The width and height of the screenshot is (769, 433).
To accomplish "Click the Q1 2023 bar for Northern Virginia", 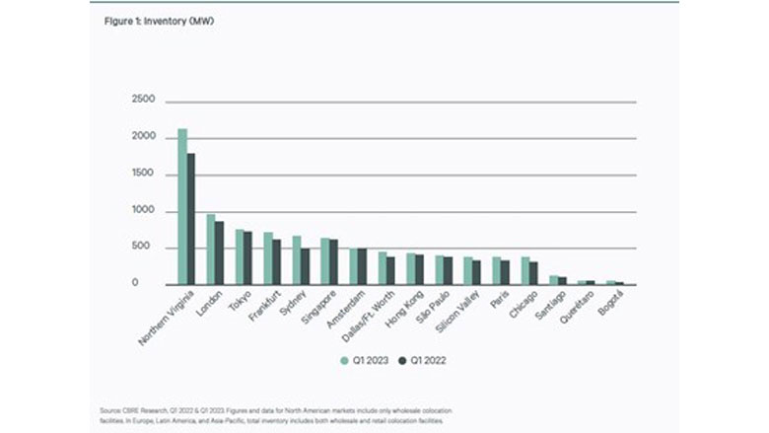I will point(182,207).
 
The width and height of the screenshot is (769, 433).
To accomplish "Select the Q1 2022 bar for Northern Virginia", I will point(191,219).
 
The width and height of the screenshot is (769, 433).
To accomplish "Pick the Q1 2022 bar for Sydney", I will point(306,266).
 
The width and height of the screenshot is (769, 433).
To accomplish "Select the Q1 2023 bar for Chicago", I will point(525,271).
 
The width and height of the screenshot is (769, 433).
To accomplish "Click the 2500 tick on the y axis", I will point(144,101).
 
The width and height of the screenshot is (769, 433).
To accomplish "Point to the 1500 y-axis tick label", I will point(144,175).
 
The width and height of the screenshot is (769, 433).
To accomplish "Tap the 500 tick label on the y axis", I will point(147,248).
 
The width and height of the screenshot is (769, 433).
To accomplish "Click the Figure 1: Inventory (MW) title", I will point(160,20).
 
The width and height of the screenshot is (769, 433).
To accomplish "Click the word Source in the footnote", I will point(110,408).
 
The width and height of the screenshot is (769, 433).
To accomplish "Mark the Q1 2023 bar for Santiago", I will point(554,280).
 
